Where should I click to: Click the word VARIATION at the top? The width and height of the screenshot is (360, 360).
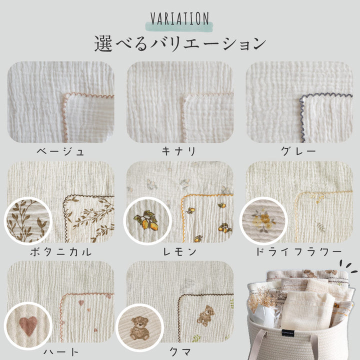[x=180, y=18]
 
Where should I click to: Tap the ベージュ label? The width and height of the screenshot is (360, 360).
[x=60, y=152]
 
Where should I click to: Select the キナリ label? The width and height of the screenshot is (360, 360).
[x=178, y=151]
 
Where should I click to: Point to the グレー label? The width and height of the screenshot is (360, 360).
[x=298, y=151]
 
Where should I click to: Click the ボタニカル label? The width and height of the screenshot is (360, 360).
[x=61, y=252]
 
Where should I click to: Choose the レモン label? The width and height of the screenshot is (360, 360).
[x=179, y=252]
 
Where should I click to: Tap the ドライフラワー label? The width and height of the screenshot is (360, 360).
[x=299, y=252]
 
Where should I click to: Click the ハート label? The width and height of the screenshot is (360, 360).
[x=61, y=351]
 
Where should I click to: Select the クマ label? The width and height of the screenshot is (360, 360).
[x=180, y=351]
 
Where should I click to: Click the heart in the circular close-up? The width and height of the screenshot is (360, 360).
[x=28, y=326]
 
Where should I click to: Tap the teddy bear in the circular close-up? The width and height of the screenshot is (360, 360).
[x=139, y=328]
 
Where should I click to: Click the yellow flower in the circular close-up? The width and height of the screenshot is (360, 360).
[x=264, y=220]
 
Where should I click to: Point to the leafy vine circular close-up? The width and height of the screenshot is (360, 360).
[x=28, y=221]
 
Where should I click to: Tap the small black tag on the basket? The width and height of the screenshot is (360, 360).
[x=288, y=333]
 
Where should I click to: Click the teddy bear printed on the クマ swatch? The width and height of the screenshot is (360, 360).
[x=206, y=315]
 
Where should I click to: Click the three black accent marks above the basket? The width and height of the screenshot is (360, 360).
[x=348, y=266]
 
